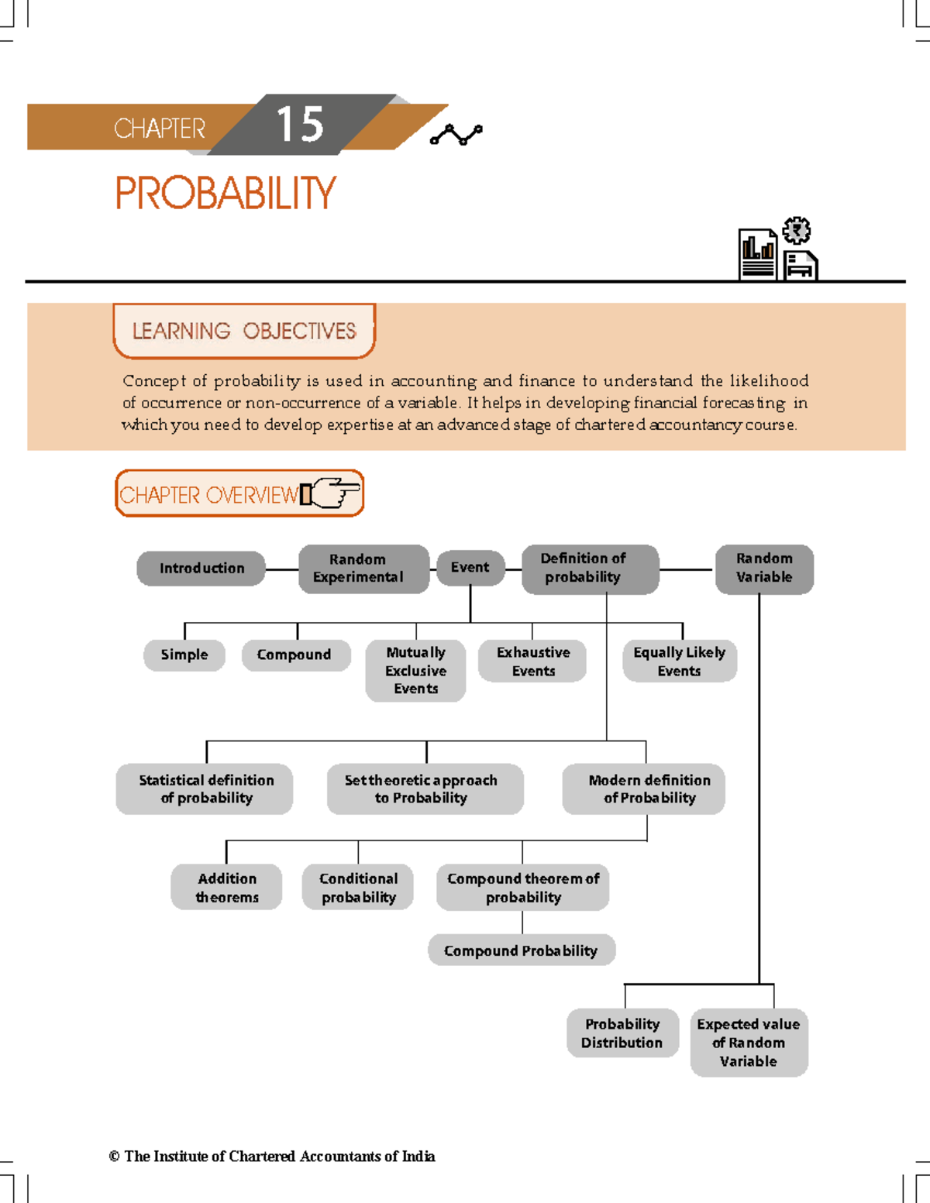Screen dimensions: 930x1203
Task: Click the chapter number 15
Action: (300, 124)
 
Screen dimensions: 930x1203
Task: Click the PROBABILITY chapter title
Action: (226, 193)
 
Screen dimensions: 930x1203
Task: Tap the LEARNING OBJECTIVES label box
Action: (244, 331)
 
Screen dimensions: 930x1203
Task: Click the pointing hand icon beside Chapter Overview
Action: (332, 493)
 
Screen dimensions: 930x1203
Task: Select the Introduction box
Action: (201, 568)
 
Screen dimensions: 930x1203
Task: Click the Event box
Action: (470, 568)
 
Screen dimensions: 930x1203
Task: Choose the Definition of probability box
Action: (590, 569)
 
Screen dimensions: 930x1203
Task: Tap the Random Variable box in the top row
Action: (764, 569)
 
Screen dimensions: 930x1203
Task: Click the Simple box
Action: (184, 655)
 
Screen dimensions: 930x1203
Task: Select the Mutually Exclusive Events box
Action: (415, 670)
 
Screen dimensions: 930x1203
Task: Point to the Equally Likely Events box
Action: (680, 661)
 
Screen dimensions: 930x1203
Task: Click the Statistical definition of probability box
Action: (205, 789)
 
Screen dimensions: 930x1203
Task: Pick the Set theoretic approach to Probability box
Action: (425, 789)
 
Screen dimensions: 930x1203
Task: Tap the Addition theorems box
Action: (226, 887)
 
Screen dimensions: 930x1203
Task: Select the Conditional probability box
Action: (358, 887)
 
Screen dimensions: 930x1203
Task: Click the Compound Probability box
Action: (521, 950)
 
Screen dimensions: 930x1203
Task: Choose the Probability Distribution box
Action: (622, 1033)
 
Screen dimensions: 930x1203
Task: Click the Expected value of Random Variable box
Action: (749, 1042)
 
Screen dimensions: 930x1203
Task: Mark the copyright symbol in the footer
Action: (114, 1157)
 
